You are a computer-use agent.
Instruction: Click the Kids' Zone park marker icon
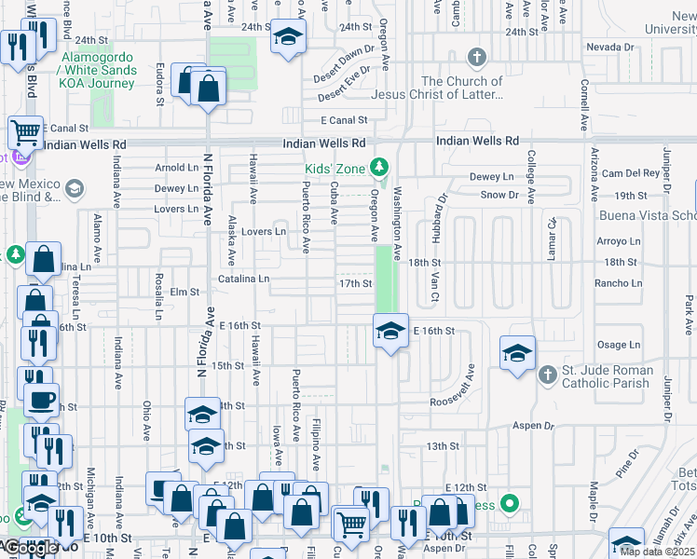click(x=378, y=168)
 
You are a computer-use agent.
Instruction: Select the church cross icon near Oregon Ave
click(x=477, y=58)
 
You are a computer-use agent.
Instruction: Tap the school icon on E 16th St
click(x=390, y=330)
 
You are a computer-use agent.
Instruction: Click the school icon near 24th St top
click(x=288, y=38)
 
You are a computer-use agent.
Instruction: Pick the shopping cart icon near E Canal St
click(x=25, y=132)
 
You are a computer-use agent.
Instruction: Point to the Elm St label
click(x=185, y=293)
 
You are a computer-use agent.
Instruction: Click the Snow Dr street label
click(x=499, y=195)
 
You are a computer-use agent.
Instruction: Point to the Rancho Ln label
click(x=622, y=283)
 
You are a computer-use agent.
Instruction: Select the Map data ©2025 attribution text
click(x=656, y=552)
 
